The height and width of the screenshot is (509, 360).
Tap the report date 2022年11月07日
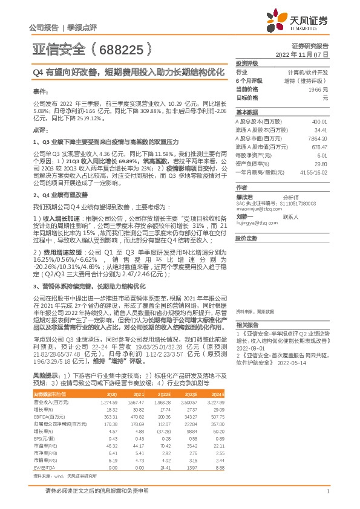tap(303, 54)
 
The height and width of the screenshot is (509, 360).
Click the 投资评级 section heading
tap(246, 63)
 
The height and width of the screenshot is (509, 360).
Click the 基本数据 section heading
tap(246, 112)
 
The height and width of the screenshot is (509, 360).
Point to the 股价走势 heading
tap(246, 238)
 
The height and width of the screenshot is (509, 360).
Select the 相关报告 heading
tap(246, 325)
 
